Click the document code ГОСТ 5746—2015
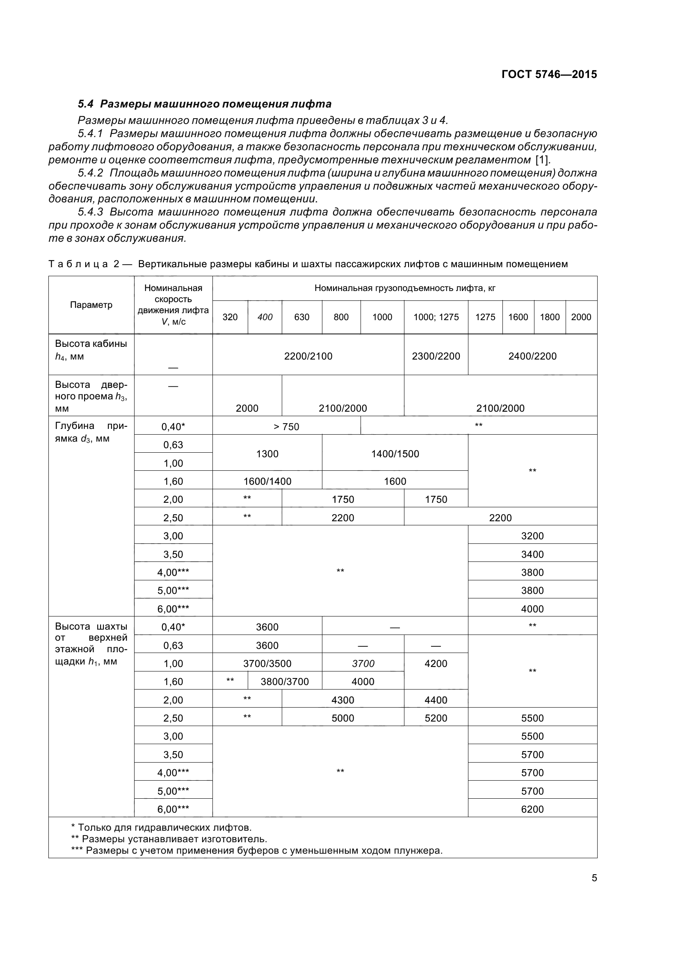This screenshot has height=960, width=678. (549, 74)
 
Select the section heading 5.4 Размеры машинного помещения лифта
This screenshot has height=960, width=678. (204, 104)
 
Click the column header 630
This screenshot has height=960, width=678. (301, 317)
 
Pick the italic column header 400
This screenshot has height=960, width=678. (265, 317)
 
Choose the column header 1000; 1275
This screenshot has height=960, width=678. (436, 317)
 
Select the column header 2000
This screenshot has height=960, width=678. (581, 317)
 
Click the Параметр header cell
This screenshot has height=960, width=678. (91, 305)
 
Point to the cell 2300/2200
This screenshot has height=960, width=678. (436, 356)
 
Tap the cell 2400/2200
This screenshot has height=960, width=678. (532, 356)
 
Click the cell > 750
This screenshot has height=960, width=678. (286, 426)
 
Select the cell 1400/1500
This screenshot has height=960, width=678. (395, 454)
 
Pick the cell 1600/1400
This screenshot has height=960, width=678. (267, 481)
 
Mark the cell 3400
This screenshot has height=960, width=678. (532, 554)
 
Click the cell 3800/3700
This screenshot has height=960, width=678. (285, 682)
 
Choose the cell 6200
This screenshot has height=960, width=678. (532, 809)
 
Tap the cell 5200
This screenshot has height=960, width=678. (436, 718)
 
